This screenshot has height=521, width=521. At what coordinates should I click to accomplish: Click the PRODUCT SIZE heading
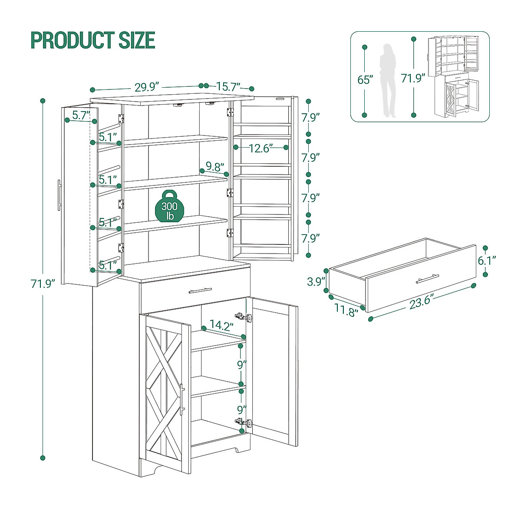[92, 40]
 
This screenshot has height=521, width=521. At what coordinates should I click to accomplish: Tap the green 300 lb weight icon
[169, 207]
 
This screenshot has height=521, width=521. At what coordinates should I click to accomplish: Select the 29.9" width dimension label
[147, 87]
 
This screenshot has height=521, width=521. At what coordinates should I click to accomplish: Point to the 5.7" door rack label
[81, 115]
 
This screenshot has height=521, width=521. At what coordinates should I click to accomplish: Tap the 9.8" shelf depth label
[215, 166]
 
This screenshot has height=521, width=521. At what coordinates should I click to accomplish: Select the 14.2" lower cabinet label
[221, 325]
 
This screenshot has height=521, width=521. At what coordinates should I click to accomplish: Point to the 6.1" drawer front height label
[487, 261]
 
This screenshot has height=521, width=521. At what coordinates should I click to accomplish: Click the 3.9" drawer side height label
[316, 281]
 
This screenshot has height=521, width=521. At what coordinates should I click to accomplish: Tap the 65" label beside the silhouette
[365, 80]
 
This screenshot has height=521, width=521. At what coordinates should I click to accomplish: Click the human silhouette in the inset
[388, 80]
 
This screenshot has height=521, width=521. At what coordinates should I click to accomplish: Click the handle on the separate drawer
[427, 278]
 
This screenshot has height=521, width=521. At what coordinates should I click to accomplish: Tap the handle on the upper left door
[59, 195]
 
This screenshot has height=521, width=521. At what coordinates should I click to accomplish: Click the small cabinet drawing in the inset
[454, 76]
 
